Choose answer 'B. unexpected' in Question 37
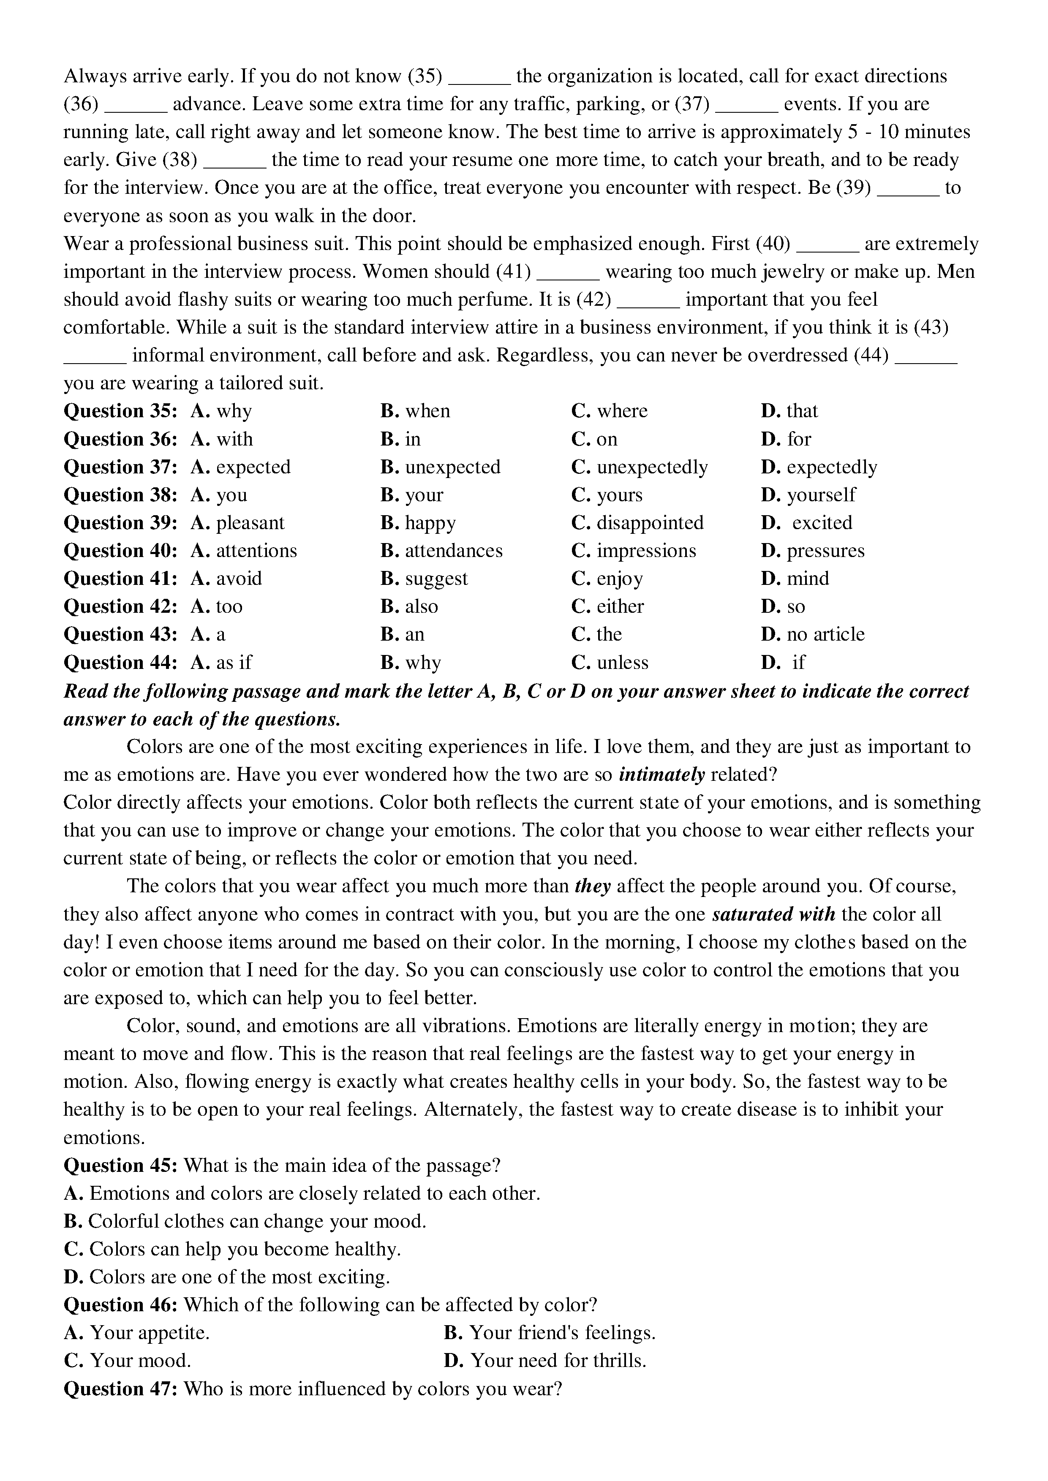tap(440, 467)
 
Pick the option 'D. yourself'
tap(808, 495)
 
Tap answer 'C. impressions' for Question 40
tap(633, 551)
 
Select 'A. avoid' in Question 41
tap(226, 579)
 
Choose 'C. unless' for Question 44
tap(609, 663)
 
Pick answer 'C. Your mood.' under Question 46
tap(127, 1361)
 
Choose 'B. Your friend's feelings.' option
tap(549, 1333)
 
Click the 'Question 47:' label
tap(120, 1389)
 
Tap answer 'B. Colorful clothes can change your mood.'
tap(245, 1222)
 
